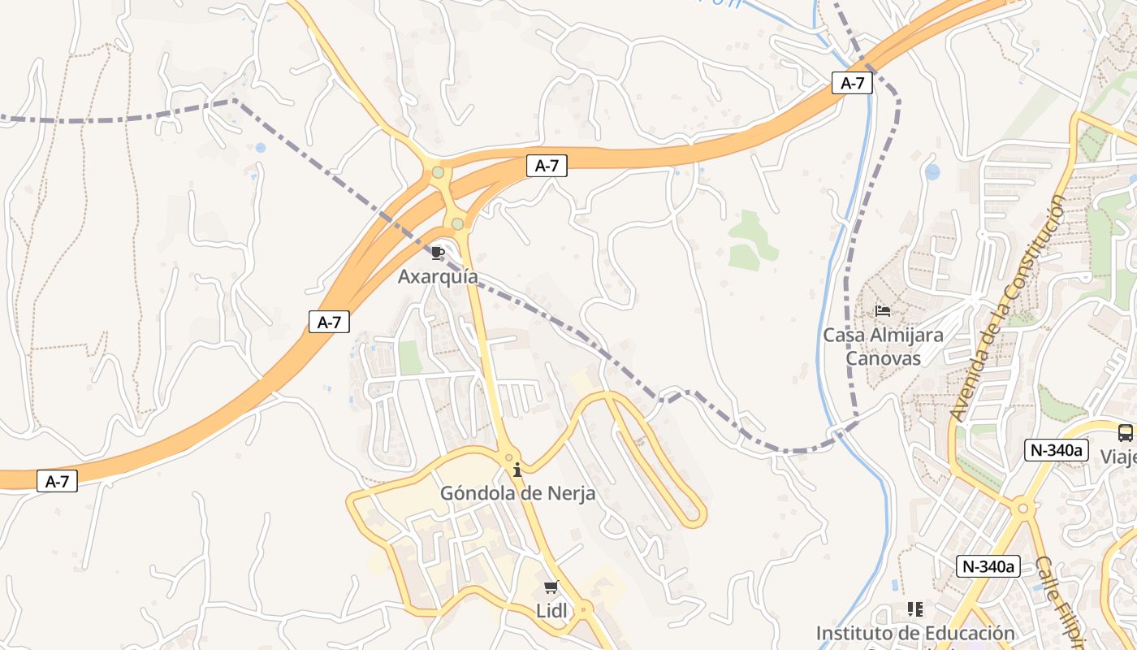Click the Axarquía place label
[x=438, y=277]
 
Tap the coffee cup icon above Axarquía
[x=438, y=253]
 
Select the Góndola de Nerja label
[x=517, y=493]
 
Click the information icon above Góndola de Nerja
[x=517, y=470]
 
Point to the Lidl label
[x=551, y=610]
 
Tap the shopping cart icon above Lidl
[x=551, y=587]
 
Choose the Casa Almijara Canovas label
[x=884, y=346]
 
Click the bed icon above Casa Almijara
[x=884, y=310]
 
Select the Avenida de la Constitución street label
[x=1008, y=308]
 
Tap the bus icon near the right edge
[x=1125, y=433]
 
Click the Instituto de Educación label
[x=915, y=633]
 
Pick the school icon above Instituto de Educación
[x=915, y=609]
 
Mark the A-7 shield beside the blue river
[x=852, y=83]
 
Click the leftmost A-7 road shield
[x=57, y=481]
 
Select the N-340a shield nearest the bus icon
[x=1056, y=450]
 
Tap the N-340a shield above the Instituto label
[x=988, y=566]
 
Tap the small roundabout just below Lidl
[x=584, y=608]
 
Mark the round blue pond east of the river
[x=932, y=172]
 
